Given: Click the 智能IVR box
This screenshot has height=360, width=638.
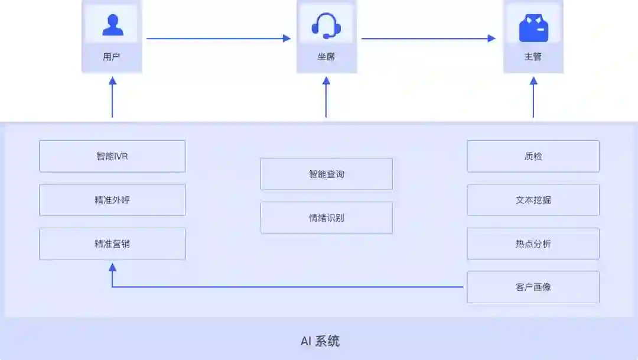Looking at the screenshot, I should [x=112, y=156].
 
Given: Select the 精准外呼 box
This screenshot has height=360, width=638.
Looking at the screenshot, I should [x=112, y=200].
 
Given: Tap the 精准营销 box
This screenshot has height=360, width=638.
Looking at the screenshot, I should [x=112, y=244].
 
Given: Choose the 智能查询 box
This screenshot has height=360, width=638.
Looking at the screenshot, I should [x=326, y=174].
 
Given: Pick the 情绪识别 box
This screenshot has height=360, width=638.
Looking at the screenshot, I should [x=326, y=218].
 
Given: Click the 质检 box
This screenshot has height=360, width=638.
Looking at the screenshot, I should [x=533, y=156].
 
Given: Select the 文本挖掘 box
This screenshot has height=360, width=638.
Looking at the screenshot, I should [x=533, y=200].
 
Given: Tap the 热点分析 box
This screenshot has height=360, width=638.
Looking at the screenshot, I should [x=533, y=244].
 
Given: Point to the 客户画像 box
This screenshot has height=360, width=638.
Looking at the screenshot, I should [x=533, y=287].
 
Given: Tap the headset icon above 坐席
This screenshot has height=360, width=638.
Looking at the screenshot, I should [x=326, y=25].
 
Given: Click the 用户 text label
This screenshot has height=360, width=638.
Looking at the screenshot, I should [x=112, y=57].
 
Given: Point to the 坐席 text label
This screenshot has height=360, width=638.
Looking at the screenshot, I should [x=326, y=57].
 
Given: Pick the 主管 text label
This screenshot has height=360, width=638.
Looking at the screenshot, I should [x=533, y=57].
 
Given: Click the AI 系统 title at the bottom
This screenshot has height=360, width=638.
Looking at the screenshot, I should [x=320, y=341].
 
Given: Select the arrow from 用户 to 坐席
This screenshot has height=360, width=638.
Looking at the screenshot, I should [x=219, y=38].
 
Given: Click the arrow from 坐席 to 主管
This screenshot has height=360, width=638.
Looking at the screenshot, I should [x=428, y=38].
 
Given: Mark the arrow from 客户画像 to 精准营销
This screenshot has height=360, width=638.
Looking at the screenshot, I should [x=284, y=287].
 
